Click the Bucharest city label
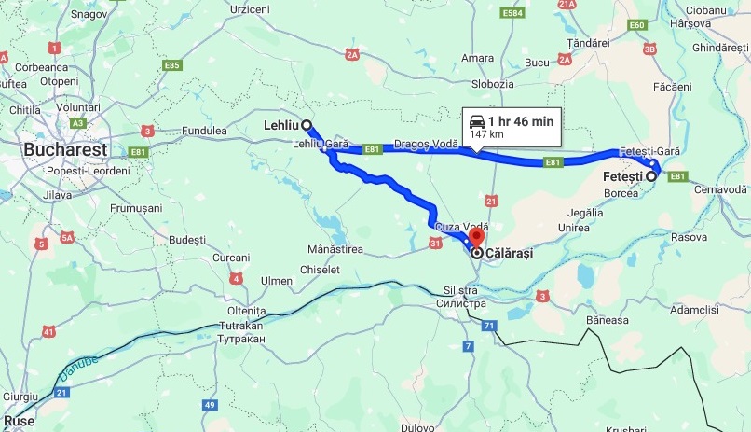[x=65, y=149]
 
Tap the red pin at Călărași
[x=476, y=239]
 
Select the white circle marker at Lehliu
[x=307, y=124]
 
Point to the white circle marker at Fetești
[x=651, y=175]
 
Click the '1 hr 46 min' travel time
[x=520, y=121]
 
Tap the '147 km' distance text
[x=485, y=135]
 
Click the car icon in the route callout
[x=476, y=121]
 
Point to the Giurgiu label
[x=20, y=397]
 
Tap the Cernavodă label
[x=721, y=189]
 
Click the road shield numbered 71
[x=489, y=325]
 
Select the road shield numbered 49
[x=211, y=405]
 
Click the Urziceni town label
[x=249, y=8]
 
